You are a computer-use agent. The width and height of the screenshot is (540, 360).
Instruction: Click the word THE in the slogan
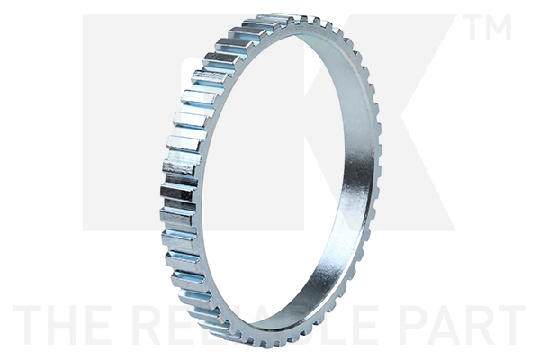(x=64, y=325)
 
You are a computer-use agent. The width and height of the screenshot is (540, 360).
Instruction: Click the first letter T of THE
(x=30, y=325)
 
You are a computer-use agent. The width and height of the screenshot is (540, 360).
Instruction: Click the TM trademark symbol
(x=489, y=28)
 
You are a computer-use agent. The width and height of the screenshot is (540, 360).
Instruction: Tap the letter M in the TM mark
(x=500, y=28)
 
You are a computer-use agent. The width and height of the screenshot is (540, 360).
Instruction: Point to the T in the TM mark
(x=475, y=28)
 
